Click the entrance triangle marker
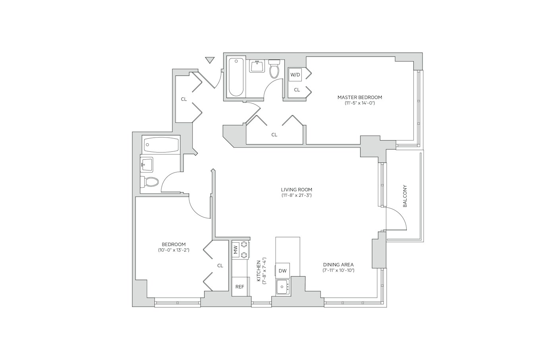tap(210, 60)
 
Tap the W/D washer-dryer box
tap(295, 74)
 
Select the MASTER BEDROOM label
tap(360, 97)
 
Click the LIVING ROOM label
tap(297, 190)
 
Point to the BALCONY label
tap(405, 196)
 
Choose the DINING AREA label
tap(338, 265)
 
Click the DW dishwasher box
tap(283, 271)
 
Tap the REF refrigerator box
tap(239, 287)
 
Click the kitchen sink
tap(283, 287)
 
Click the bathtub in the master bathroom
tap(236, 77)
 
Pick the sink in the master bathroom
tap(257, 66)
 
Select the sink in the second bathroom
tap(147, 165)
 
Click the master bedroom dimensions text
tap(360, 103)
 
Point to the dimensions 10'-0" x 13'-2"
tap(174, 250)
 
